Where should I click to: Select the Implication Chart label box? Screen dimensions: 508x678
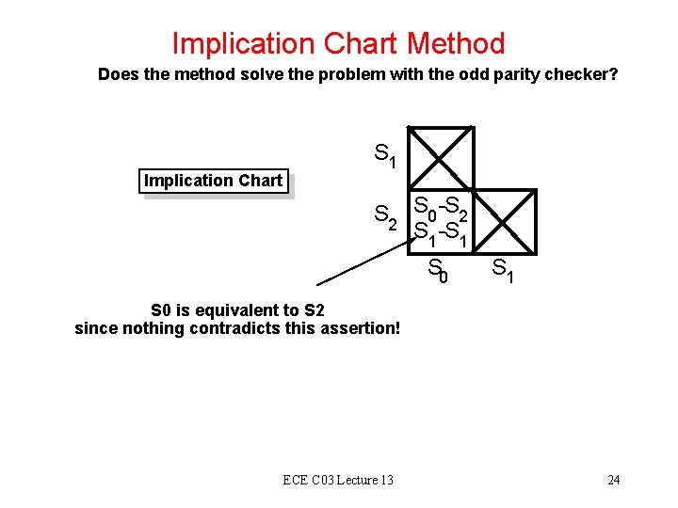pos(214,181)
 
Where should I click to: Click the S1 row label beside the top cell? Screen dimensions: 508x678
pos(385,154)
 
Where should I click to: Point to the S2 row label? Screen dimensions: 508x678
pos(385,218)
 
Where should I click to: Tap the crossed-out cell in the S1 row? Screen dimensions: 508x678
pos(441,157)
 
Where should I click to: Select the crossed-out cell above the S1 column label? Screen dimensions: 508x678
pos(505,221)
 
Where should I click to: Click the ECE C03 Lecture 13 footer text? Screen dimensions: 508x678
pos(338,481)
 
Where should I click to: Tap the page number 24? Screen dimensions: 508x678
pos(613,481)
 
